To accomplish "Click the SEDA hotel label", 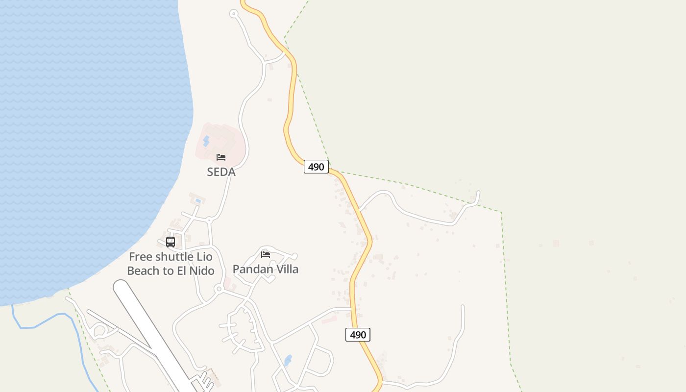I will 221,172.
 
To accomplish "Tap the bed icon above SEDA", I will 221,157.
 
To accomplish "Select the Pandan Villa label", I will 265,269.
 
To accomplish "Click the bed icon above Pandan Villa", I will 266,255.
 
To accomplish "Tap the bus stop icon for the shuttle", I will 171,242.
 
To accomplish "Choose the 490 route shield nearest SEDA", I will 316,167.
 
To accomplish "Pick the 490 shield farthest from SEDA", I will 358,335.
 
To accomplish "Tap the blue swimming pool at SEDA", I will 206,142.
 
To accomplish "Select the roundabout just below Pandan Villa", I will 219,290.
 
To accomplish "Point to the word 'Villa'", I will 286,269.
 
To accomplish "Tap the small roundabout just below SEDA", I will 209,220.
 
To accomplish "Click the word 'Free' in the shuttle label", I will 141,257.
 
